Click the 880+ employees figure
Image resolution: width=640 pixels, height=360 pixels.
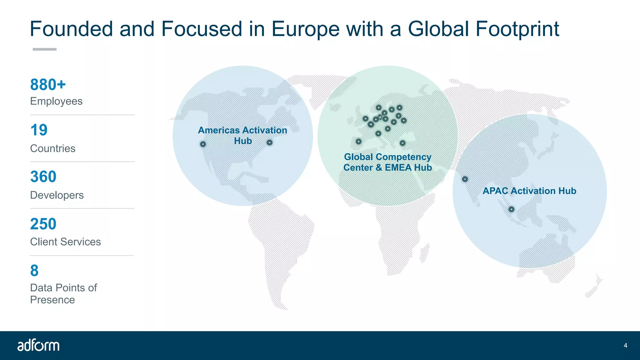point(48,85)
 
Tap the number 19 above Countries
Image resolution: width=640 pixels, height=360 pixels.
point(39,130)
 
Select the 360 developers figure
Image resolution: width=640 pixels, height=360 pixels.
point(43,177)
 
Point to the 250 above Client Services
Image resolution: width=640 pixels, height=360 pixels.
point(43,224)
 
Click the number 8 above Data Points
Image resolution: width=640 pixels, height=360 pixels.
point(34,271)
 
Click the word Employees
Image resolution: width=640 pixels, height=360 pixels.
point(56,101)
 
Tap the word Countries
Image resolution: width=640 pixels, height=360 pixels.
point(53,148)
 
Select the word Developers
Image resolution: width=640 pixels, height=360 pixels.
point(57,195)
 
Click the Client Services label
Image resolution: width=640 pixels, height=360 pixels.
point(65,242)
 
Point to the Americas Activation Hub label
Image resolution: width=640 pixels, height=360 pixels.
point(242,135)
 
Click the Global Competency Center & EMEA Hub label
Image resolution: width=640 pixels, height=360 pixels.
point(387,162)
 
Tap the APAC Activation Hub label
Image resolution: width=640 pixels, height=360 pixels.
point(529,191)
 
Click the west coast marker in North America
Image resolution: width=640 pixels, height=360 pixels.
point(203,144)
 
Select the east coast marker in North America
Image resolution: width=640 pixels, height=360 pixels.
point(269,142)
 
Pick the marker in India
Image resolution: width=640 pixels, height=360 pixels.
point(465,179)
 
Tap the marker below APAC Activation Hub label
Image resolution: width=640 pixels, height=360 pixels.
point(511,209)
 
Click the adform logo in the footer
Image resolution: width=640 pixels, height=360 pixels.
point(38,345)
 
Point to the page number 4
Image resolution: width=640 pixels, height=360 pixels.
point(625,345)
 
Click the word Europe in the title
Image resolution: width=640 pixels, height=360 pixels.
point(305,29)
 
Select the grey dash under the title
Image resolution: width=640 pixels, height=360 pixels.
point(44,49)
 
